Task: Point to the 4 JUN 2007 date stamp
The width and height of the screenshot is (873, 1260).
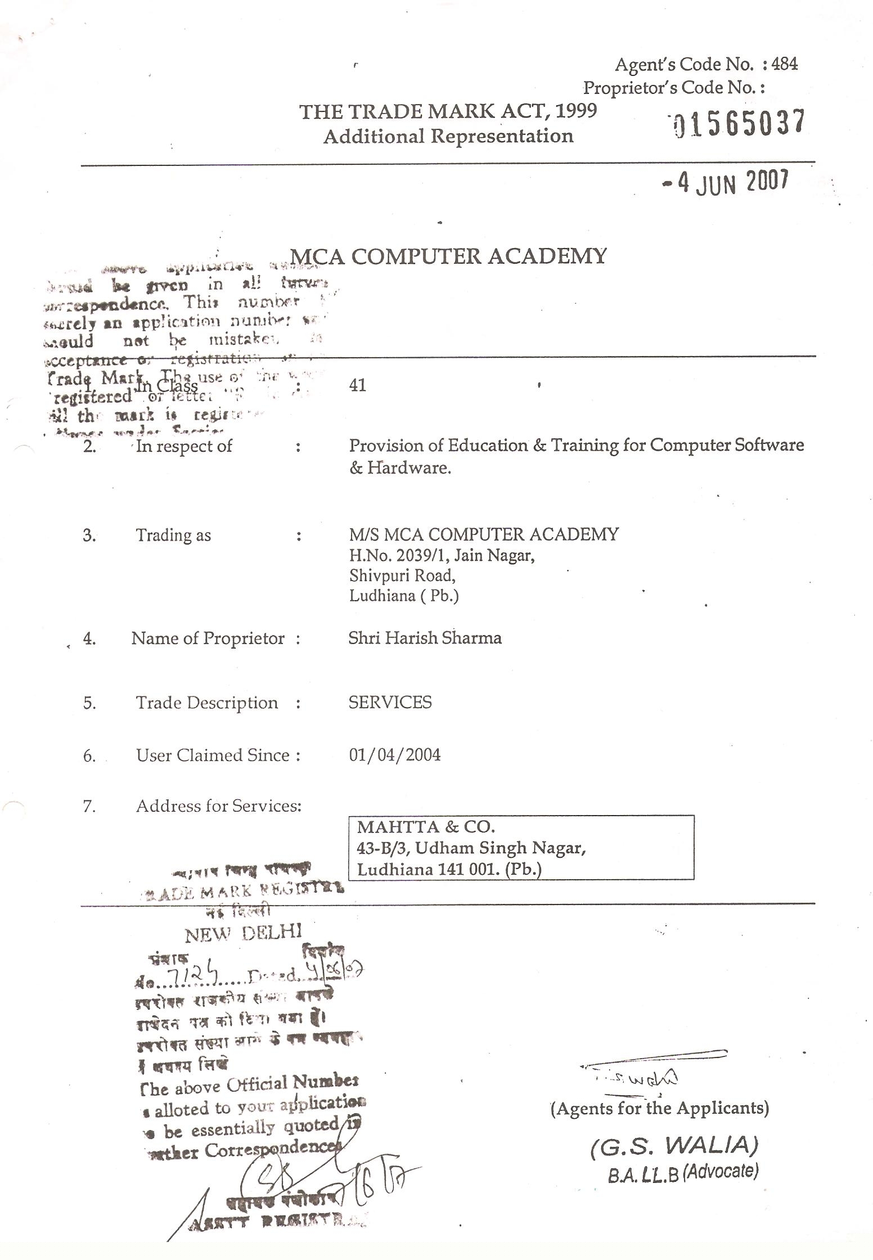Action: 726,182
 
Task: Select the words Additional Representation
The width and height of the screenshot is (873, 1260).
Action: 448,136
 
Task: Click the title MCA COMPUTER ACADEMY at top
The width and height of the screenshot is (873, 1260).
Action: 448,256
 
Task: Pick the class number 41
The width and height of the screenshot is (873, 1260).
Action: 357,385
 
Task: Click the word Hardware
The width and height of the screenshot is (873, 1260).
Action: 409,468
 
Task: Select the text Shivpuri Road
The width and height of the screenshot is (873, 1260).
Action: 402,575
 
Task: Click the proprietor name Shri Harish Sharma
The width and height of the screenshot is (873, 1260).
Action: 425,638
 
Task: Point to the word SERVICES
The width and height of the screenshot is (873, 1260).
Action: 390,703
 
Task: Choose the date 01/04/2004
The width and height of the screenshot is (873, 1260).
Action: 394,754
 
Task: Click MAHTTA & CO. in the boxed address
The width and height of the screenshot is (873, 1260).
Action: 426,827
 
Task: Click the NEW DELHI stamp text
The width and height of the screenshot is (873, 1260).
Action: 243,934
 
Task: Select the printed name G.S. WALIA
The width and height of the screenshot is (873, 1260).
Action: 674,1145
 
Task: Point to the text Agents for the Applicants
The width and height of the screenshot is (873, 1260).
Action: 659,1108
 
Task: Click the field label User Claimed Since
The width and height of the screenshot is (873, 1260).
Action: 213,755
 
